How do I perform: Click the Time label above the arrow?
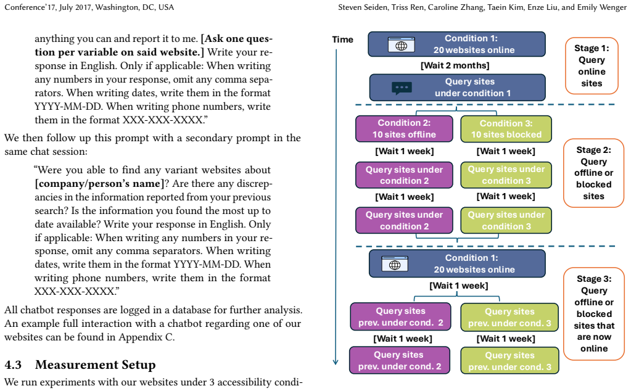coord(342,39)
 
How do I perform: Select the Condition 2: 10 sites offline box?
coord(404,129)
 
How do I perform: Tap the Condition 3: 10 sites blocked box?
coord(506,129)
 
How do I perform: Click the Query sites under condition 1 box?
coord(458,88)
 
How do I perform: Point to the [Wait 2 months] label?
coord(455,65)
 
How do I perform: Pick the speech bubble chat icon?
coord(402,88)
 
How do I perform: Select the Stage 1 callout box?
coord(592,65)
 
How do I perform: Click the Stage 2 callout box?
coord(593,173)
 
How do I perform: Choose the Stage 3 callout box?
coord(594,314)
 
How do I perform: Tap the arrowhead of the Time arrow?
coord(336,362)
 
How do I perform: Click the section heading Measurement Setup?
coord(96,364)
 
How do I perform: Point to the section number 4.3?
coord(13,364)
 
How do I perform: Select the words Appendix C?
coord(146,337)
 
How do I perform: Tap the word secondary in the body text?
coord(208,138)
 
